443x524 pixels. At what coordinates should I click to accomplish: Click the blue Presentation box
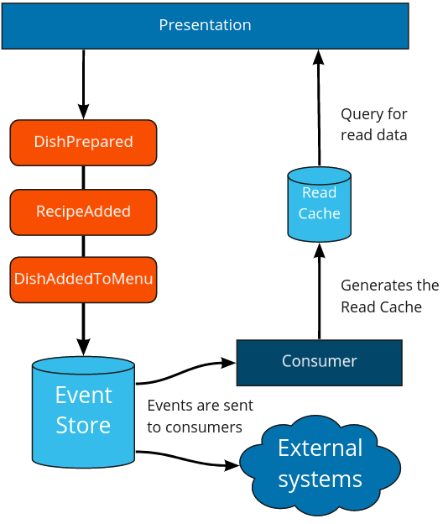click(205, 25)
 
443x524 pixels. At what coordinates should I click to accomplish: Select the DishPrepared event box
click(83, 143)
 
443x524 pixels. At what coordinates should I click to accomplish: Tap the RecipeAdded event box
click(83, 212)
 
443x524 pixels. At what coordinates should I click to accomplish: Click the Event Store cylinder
click(83, 411)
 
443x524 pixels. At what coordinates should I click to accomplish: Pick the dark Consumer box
click(319, 362)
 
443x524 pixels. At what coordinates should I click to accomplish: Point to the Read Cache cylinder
click(319, 204)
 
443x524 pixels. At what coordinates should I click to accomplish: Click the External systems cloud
click(320, 464)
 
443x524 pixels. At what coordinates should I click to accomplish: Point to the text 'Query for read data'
click(373, 124)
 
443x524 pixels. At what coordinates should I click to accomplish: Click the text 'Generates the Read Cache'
click(389, 296)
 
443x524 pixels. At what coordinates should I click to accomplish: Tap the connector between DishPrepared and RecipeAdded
click(83, 177)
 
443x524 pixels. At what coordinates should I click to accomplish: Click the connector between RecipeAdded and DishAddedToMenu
click(83, 246)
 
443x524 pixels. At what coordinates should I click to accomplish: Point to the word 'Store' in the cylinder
click(83, 426)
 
